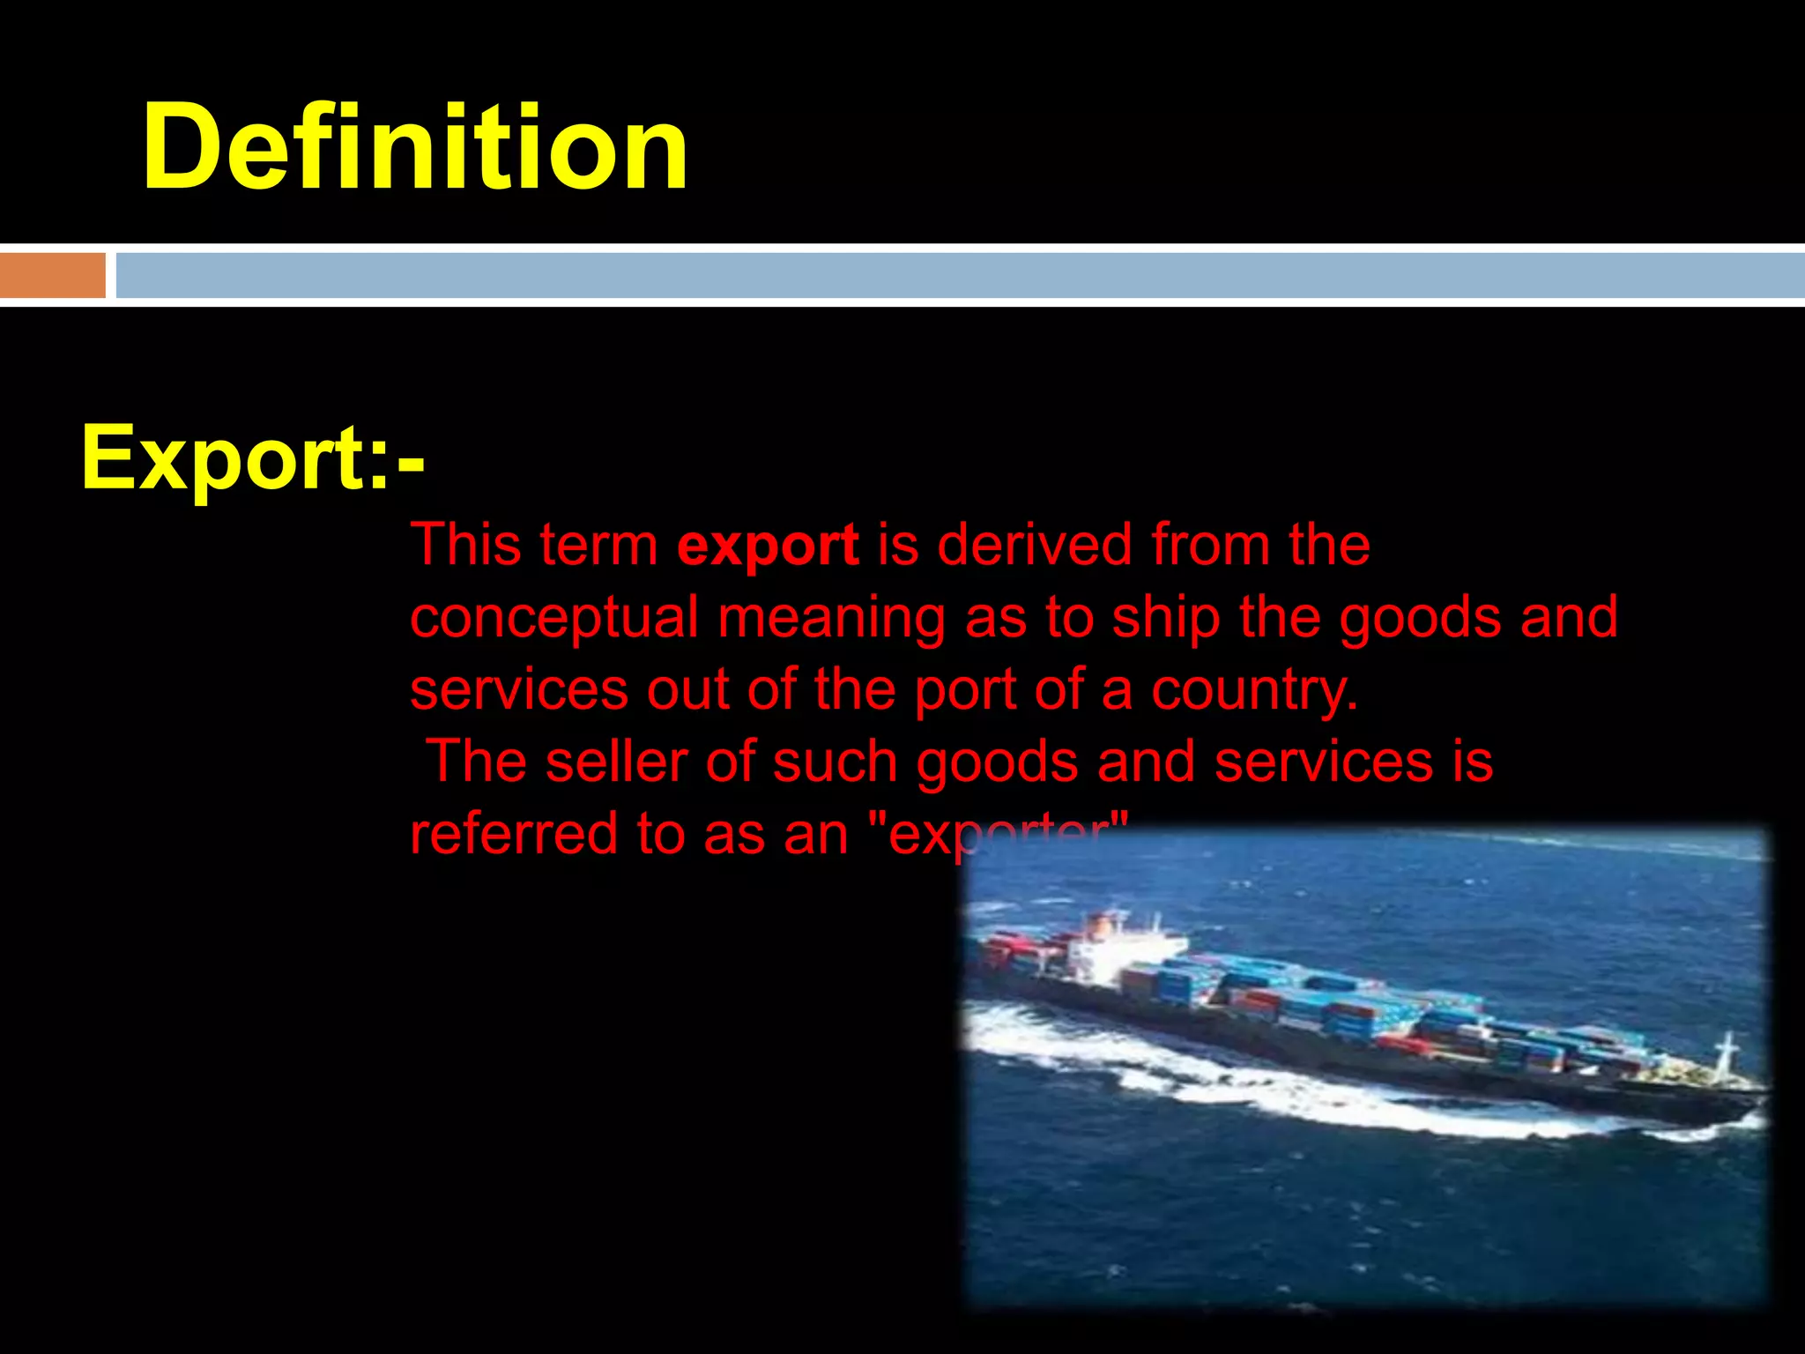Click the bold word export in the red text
tap(768, 546)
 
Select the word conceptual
tap(554, 618)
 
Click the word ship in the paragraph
tap(1165, 618)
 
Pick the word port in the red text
tap(965, 690)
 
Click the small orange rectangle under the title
tap(52, 275)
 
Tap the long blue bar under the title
tap(960, 275)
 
